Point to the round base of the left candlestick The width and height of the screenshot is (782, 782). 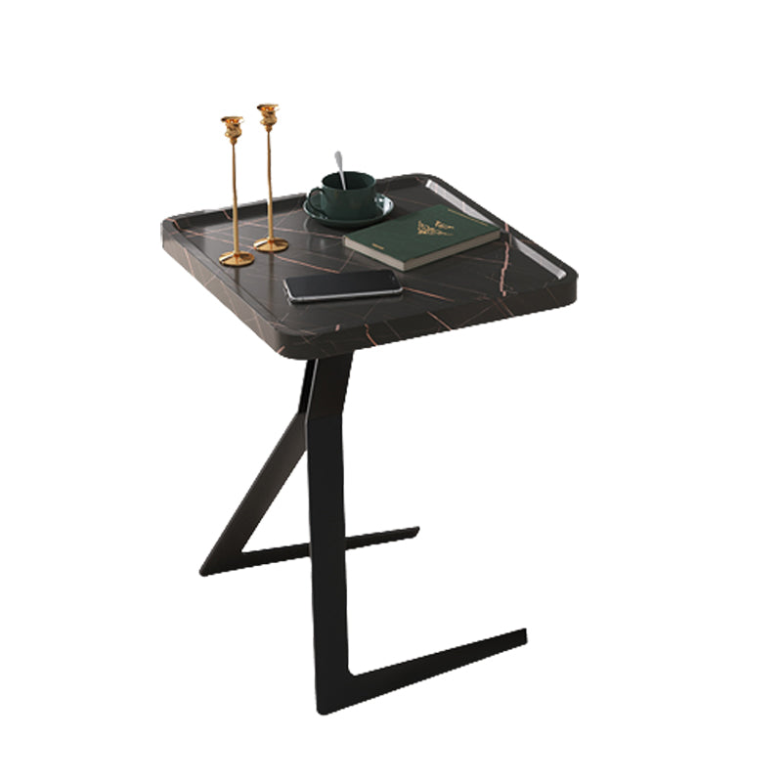[236, 258]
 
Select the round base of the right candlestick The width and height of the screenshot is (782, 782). [271, 244]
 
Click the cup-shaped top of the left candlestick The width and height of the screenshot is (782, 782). [232, 126]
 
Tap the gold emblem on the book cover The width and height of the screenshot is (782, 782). [434, 229]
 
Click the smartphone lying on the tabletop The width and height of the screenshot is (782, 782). [342, 284]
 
